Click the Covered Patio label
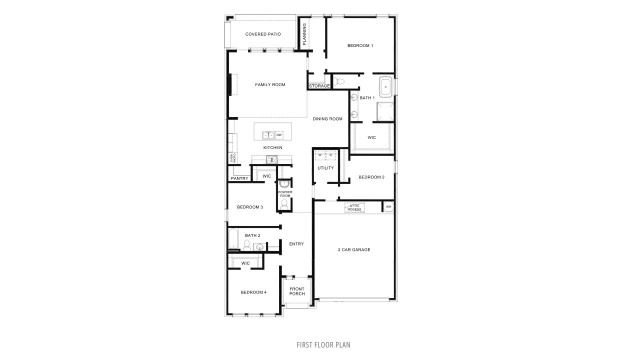(x=262, y=34)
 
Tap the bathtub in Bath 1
(x=386, y=87)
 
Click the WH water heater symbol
(x=388, y=206)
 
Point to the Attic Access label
(x=354, y=207)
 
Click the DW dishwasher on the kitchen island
(x=279, y=135)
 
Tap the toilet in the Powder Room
(x=285, y=204)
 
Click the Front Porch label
(x=297, y=291)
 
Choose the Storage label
(x=319, y=86)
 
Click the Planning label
(x=304, y=34)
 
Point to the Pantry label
(x=239, y=178)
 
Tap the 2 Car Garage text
(x=353, y=249)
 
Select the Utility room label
(x=325, y=168)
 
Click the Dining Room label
(x=327, y=119)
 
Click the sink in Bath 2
(x=259, y=246)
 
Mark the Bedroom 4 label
(x=253, y=292)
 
